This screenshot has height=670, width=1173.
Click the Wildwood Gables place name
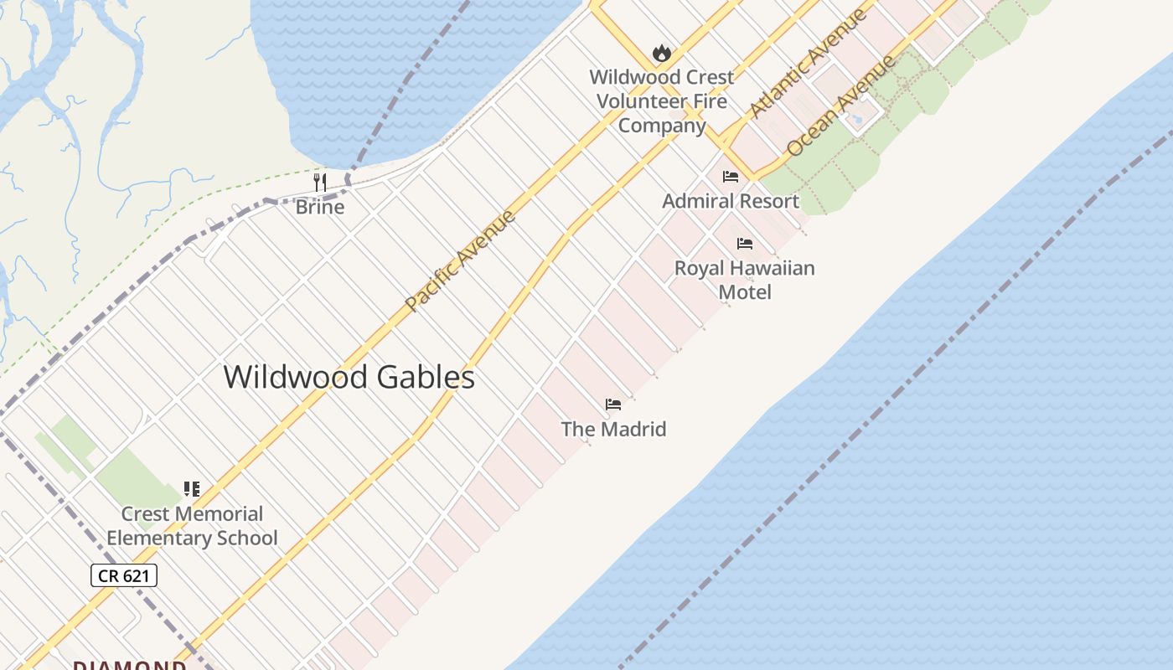[x=349, y=377]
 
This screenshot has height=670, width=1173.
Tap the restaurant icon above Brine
[x=320, y=182]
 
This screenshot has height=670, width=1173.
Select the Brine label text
[x=320, y=207]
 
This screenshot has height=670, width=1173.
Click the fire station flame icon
[x=662, y=54]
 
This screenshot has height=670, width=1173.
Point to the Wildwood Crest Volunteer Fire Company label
[x=662, y=101]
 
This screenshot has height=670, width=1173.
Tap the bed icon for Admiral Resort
[x=731, y=177]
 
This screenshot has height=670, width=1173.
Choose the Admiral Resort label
[x=731, y=201]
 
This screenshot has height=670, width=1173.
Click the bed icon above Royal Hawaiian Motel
[x=745, y=244]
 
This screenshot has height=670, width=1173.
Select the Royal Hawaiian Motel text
[x=745, y=280]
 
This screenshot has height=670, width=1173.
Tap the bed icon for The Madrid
[x=613, y=405]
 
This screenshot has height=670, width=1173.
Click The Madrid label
[x=613, y=430]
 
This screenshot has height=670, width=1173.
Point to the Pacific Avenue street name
[x=460, y=260]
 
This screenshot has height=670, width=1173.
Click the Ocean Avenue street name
[x=841, y=106]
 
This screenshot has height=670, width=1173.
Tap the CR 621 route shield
[x=124, y=575]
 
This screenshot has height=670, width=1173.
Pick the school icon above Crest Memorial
[x=192, y=489]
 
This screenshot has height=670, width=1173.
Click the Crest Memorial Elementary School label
[x=192, y=526]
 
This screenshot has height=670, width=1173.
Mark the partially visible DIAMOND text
[x=129, y=665]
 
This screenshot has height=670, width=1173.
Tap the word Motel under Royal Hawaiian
[x=745, y=292]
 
